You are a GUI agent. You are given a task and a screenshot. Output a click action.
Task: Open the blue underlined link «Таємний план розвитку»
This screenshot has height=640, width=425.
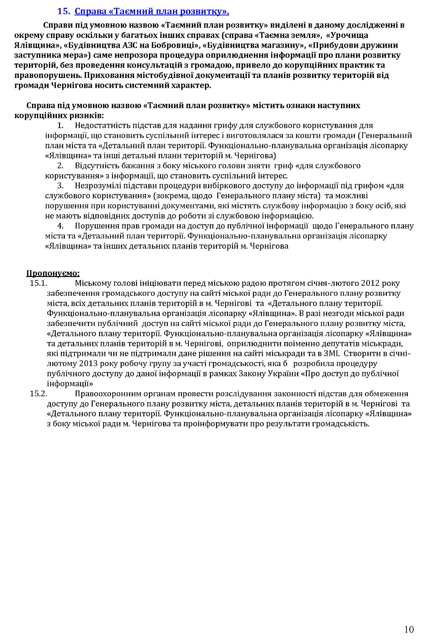(x=152, y=12)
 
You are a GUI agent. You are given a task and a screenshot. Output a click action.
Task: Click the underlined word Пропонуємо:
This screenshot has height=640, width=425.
(x=53, y=273)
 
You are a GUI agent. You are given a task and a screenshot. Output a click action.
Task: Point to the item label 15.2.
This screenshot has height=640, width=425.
(x=38, y=393)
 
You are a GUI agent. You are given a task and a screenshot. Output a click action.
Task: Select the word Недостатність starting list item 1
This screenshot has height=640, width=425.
(x=102, y=126)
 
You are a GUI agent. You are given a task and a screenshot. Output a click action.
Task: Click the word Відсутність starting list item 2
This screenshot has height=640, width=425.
(x=97, y=166)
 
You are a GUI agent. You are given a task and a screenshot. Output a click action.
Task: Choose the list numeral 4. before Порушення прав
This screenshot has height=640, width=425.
(x=60, y=226)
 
